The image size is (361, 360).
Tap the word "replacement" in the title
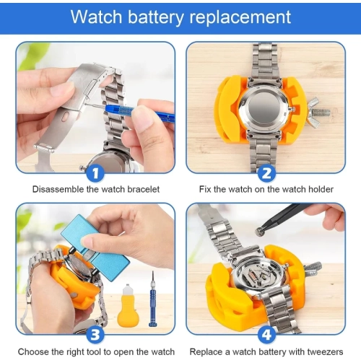[240, 17]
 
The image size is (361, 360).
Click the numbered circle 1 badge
[95, 172]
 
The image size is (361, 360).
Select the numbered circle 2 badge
[266, 172]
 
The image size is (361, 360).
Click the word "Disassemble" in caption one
[59, 190]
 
